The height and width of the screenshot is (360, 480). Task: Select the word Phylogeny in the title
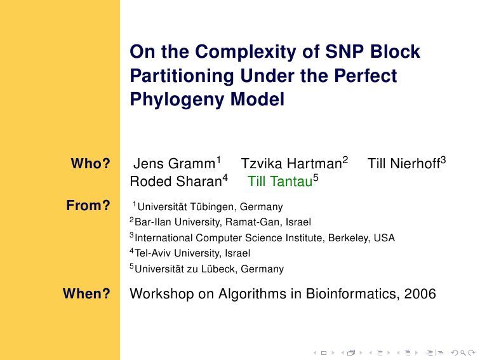pyautogui.click(x=178, y=100)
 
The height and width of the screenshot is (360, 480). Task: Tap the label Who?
pyautogui.click(x=90, y=163)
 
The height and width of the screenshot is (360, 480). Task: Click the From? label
pyautogui.click(x=88, y=205)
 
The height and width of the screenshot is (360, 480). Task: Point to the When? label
pyautogui.click(x=86, y=293)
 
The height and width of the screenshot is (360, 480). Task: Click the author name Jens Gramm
pyautogui.click(x=174, y=163)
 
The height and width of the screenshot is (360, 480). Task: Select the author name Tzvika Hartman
pyautogui.click(x=291, y=163)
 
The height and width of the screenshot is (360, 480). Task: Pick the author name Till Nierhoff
pyautogui.click(x=404, y=163)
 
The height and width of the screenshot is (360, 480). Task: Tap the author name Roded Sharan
pyautogui.click(x=176, y=181)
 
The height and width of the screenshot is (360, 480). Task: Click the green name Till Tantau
pyautogui.click(x=280, y=181)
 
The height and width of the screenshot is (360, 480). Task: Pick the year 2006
pyautogui.click(x=420, y=294)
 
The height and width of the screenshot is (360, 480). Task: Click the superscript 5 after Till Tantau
pyautogui.click(x=316, y=178)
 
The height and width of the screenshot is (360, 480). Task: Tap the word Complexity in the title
pyautogui.click(x=246, y=52)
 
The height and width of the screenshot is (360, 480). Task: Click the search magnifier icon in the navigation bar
pyautogui.click(x=463, y=353)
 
